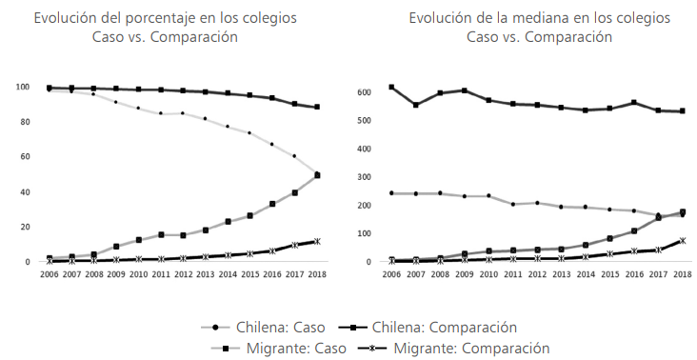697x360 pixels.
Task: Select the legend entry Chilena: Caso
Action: pyautogui.click(x=270, y=327)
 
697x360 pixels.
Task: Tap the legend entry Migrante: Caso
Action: pyautogui.click(x=270, y=348)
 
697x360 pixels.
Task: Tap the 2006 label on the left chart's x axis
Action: pyautogui.click(x=49, y=273)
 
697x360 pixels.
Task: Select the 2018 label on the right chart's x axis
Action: pyautogui.click(x=682, y=273)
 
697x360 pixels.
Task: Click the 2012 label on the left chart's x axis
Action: pyautogui.click(x=182, y=273)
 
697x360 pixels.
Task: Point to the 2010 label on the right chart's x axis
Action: pyautogui.click(x=488, y=273)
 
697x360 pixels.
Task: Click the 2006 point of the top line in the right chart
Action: pyautogui.click(x=391, y=87)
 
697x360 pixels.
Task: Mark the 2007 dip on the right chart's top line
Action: pyautogui.click(x=415, y=105)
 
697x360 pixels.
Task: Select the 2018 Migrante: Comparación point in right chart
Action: pyautogui.click(x=682, y=241)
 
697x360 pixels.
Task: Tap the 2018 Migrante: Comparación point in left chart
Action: pyautogui.click(x=317, y=241)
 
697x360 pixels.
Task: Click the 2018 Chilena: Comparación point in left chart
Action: pyautogui.click(x=317, y=107)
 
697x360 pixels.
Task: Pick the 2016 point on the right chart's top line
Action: pyautogui.click(x=633, y=103)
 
